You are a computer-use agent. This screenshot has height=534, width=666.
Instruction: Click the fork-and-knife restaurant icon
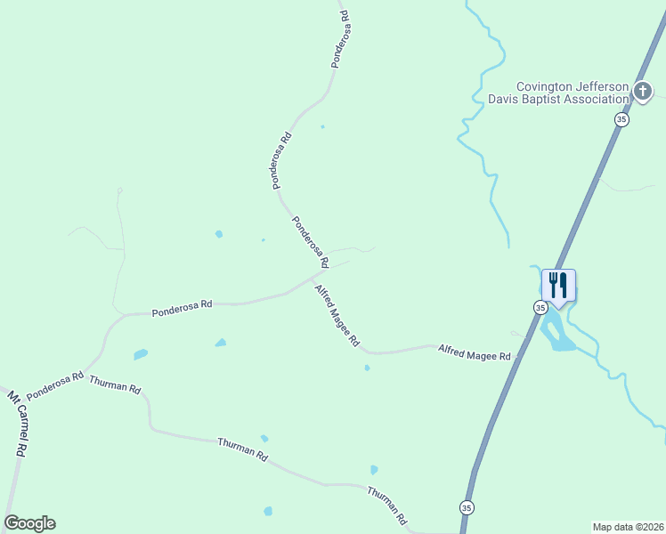558,286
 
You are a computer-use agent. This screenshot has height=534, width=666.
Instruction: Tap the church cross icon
643,90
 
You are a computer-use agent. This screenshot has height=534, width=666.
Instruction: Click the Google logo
29,523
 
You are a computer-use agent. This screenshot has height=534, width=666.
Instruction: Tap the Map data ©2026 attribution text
628,526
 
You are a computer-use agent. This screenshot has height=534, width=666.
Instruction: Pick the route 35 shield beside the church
621,119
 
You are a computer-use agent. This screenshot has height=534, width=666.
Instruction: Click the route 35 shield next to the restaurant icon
540,307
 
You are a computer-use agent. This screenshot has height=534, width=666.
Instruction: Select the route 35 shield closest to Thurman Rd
467,506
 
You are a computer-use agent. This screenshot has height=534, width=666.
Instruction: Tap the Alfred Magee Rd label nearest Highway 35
474,352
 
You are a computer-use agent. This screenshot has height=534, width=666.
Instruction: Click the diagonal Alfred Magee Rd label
336,316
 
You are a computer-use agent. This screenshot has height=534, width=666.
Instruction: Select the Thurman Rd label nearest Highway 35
387,505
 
